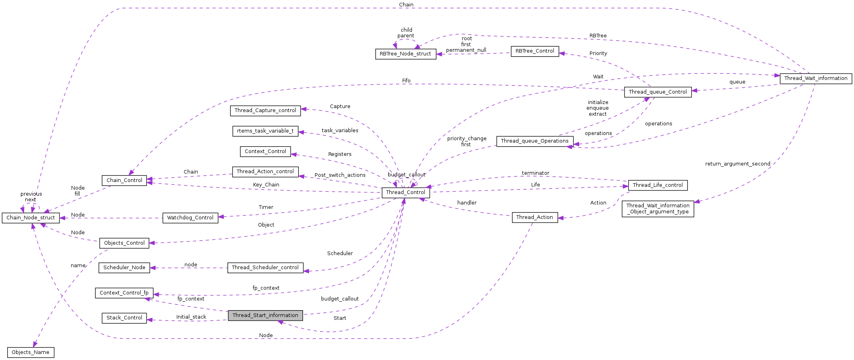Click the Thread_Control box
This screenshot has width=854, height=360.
point(405,192)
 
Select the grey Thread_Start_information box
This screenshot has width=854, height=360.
point(265,315)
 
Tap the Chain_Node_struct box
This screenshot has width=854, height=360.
point(31,218)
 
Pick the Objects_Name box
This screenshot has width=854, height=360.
point(31,352)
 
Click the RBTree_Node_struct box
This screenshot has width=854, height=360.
point(405,54)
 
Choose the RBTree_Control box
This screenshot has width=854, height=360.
point(535,51)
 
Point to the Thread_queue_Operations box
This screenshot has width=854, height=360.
point(535,141)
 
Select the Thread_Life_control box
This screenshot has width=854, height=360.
point(657,185)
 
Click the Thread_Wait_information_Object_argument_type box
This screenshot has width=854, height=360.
point(657,209)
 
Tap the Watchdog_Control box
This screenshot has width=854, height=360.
point(190,218)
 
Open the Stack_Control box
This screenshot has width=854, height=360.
point(124,318)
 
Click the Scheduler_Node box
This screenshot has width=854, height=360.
point(124,268)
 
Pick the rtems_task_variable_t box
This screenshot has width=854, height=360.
point(265,131)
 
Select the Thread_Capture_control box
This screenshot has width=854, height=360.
point(265,110)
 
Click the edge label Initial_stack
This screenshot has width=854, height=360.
point(191,317)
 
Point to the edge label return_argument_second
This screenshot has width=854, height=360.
point(737,164)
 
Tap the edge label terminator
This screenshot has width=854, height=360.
point(535,173)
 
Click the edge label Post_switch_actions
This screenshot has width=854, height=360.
point(340,175)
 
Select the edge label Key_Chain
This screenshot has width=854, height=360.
point(266,185)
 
